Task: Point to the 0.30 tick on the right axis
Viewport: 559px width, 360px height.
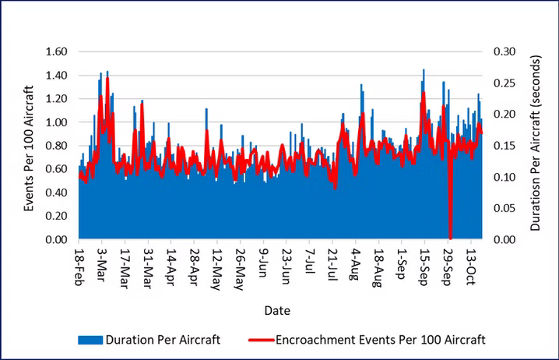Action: [x=503, y=52]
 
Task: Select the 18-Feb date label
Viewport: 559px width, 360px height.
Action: [x=80, y=267]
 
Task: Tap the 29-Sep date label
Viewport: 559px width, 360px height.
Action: [x=448, y=267]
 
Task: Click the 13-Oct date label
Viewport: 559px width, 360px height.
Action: [x=471, y=267]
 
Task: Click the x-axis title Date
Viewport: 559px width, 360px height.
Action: [x=277, y=310]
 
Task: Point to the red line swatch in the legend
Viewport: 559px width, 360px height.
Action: [x=269, y=340]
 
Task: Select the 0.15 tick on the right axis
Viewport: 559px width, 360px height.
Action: [x=503, y=146]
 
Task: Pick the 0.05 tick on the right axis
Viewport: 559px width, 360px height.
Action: [x=503, y=208]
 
